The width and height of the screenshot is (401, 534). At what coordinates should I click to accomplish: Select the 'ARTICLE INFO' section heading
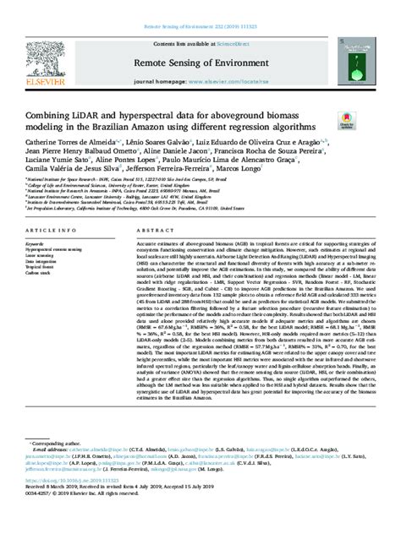pos(53,230)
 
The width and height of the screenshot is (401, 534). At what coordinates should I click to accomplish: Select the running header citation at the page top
pos(200,5)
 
